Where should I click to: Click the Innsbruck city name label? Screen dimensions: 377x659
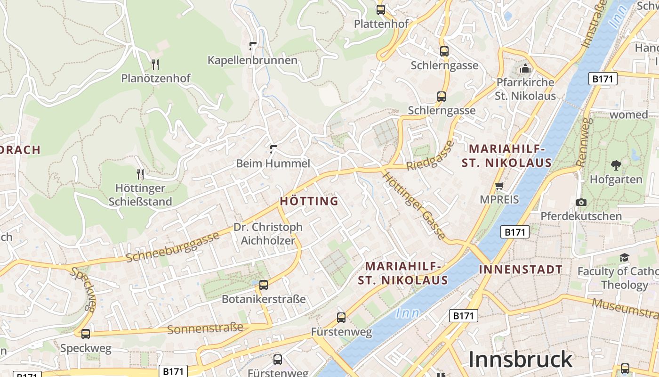click(520, 360)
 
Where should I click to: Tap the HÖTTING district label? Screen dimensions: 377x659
click(309, 201)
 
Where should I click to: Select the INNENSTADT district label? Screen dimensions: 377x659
click(520, 270)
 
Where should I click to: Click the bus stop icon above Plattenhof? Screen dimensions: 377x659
click(380, 9)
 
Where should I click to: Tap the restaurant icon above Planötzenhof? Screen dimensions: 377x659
click(155, 64)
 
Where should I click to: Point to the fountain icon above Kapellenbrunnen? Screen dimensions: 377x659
click(253, 46)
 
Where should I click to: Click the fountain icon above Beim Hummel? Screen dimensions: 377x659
click(273, 150)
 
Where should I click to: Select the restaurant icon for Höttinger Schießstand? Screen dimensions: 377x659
click(140, 174)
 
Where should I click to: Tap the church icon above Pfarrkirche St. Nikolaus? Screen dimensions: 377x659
click(525, 69)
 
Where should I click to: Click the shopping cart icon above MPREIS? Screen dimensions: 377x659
click(499, 186)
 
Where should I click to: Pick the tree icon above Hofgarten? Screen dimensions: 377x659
click(616, 165)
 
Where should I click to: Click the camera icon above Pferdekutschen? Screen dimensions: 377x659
click(581, 202)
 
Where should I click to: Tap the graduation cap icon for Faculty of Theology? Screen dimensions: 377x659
click(624, 257)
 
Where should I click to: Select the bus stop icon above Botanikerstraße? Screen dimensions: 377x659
click(264, 285)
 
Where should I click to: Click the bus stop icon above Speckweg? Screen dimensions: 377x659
click(86, 334)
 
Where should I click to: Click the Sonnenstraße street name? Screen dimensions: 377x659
click(205, 328)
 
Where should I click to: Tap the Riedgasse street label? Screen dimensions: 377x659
click(431, 156)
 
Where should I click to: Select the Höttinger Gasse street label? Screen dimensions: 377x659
click(414, 205)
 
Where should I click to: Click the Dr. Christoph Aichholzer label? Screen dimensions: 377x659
click(268, 234)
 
